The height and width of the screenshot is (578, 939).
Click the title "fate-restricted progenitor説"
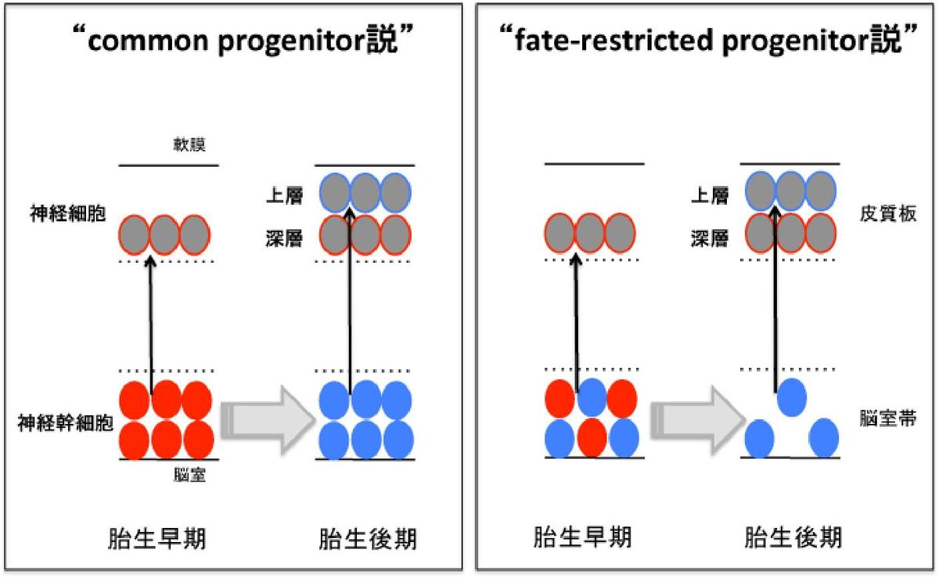[707, 41]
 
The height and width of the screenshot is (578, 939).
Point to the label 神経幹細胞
[65, 424]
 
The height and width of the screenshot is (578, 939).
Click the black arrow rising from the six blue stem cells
[350, 297]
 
